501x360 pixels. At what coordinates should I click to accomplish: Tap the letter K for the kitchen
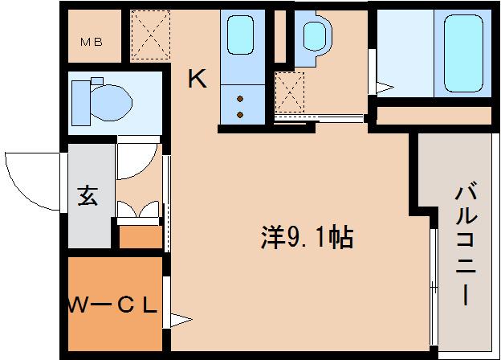(198, 79)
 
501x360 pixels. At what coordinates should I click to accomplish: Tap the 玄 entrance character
(88, 196)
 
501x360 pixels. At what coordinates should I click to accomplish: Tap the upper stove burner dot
(239, 98)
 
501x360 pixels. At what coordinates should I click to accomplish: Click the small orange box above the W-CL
(140, 236)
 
